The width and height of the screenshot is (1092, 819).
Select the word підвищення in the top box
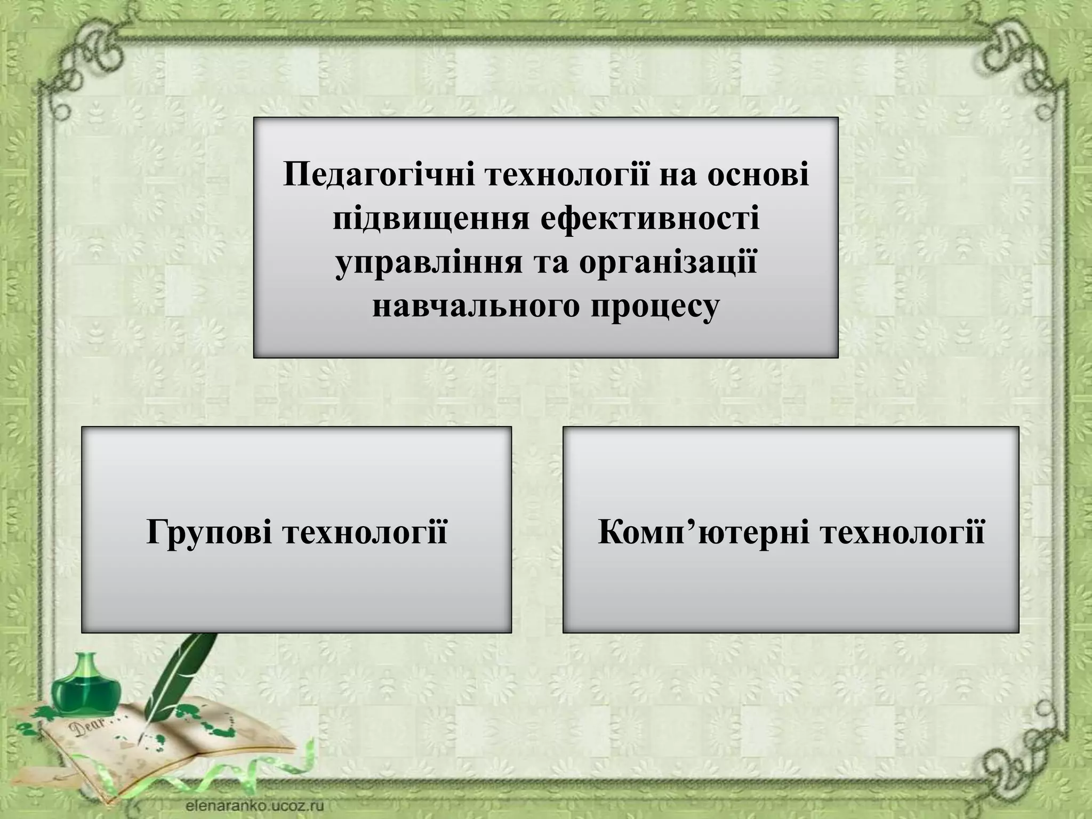[x=424, y=220]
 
